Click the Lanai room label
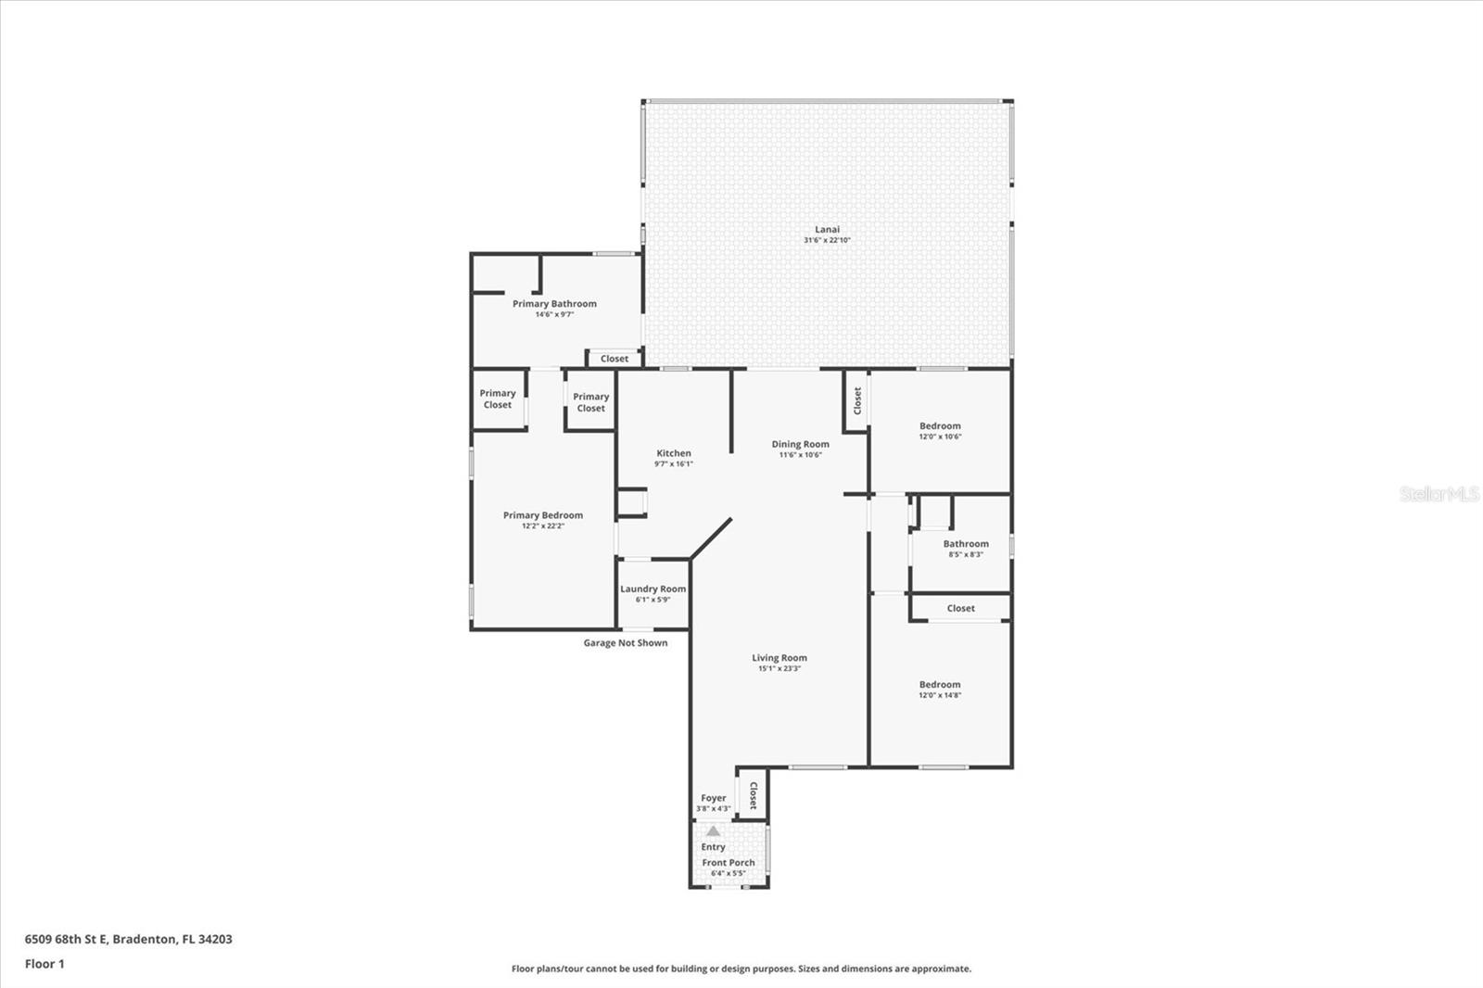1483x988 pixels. pyautogui.click(x=827, y=230)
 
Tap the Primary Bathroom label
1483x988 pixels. pyautogui.click(x=554, y=304)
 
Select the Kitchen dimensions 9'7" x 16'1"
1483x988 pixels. pyautogui.click(x=673, y=464)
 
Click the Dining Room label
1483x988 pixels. pyautogui.click(x=800, y=445)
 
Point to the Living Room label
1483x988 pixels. pyautogui.click(x=779, y=658)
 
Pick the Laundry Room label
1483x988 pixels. pyautogui.click(x=653, y=589)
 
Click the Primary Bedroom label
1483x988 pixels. pyautogui.click(x=543, y=515)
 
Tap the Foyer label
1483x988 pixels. pyautogui.click(x=713, y=798)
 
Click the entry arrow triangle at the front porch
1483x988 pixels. pyautogui.click(x=713, y=831)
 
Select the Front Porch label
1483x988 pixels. pyautogui.click(x=728, y=863)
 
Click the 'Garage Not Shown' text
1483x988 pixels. pyautogui.click(x=625, y=643)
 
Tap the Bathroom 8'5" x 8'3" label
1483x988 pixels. pyautogui.click(x=966, y=545)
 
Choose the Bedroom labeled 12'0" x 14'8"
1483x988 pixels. pyautogui.click(x=940, y=685)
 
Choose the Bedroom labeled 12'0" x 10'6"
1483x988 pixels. pyautogui.click(x=940, y=426)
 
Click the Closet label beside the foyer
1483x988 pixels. pyautogui.click(x=754, y=795)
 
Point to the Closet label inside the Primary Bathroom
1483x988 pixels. pyautogui.click(x=614, y=359)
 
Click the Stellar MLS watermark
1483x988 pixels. pyautogui.click(x=1438, y=494)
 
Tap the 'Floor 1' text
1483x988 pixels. pyautogui.click(x=44, y=964)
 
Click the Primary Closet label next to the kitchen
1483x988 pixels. pyautogui.click(x=590, y=402)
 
